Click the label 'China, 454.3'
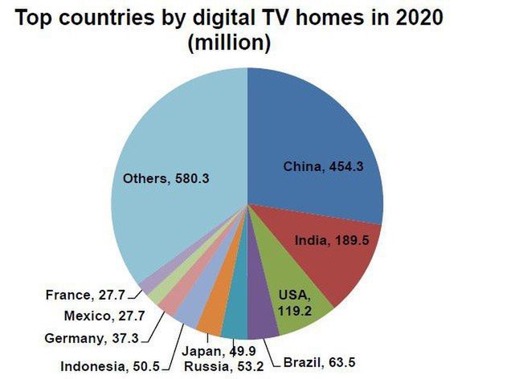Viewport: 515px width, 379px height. click(322, 167)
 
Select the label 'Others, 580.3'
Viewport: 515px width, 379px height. click(166, 178)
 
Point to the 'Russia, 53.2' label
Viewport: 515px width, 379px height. click(223, 368)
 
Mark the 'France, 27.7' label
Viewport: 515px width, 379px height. click(85, 295)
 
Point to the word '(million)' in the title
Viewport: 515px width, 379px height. click(229, 43)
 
